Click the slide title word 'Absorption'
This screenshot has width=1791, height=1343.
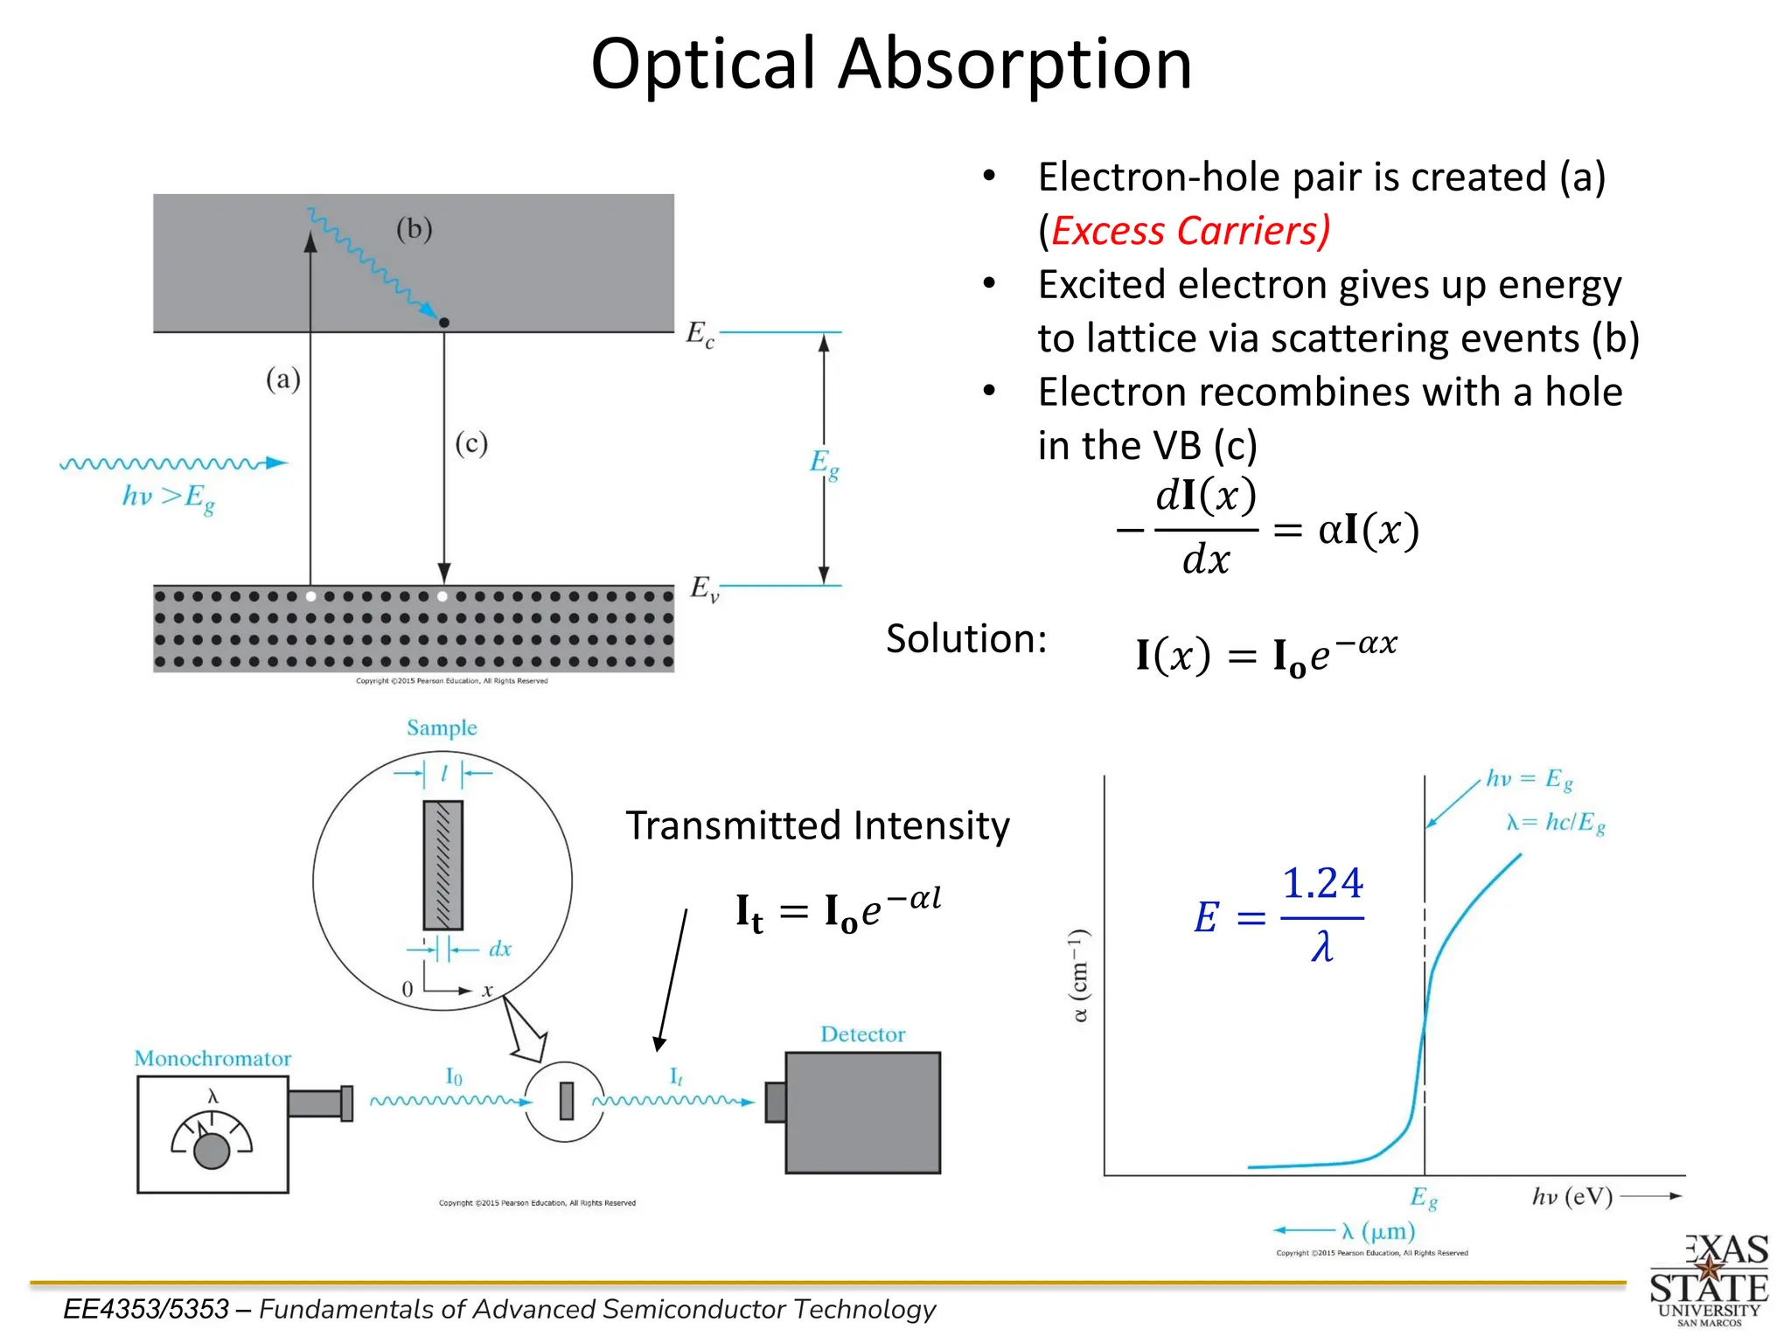pyautogui.click(x=1014, y=65)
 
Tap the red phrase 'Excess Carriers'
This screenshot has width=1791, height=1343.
pyautogui.click(x=1189, y=231)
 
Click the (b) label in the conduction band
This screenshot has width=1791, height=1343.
pyautogui.click(x=414, y=229)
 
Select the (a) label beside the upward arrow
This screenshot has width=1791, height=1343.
pyautogui.click(x=282, y=379)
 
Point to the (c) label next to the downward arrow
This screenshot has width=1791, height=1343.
pyautogui.click(x=470, y=443)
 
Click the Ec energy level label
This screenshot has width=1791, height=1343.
pyautogui.click(x=700, y=334)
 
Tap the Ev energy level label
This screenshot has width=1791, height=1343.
pyautogui.click(x=704, y=588)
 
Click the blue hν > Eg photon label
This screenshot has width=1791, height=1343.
pyautogui.click(x=168, y=498)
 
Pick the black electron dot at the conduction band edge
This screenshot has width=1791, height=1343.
pyautogui.click(x=444, y=323)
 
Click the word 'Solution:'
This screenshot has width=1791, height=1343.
pyautogui.click(x=965, y=638)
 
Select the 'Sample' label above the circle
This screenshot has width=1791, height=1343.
pyautogui.click(x=442, y=727)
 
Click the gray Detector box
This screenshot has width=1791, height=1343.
pyautogui.click(x=862, y=1112)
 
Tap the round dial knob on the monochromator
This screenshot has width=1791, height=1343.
pyautogui.click(x=211, y=1151)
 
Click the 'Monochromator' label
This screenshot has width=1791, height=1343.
pyautogui.click(x=213, y=1059)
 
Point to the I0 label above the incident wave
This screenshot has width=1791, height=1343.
pyautogui.click(x=454, y=1076)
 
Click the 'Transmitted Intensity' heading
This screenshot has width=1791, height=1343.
pyautogui.click(x=817, y=825)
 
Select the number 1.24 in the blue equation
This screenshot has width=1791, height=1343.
pyautogui.click(x=1321, y=883)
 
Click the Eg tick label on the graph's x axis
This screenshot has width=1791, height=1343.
pyautogui.click(x=1423, y=1197)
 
